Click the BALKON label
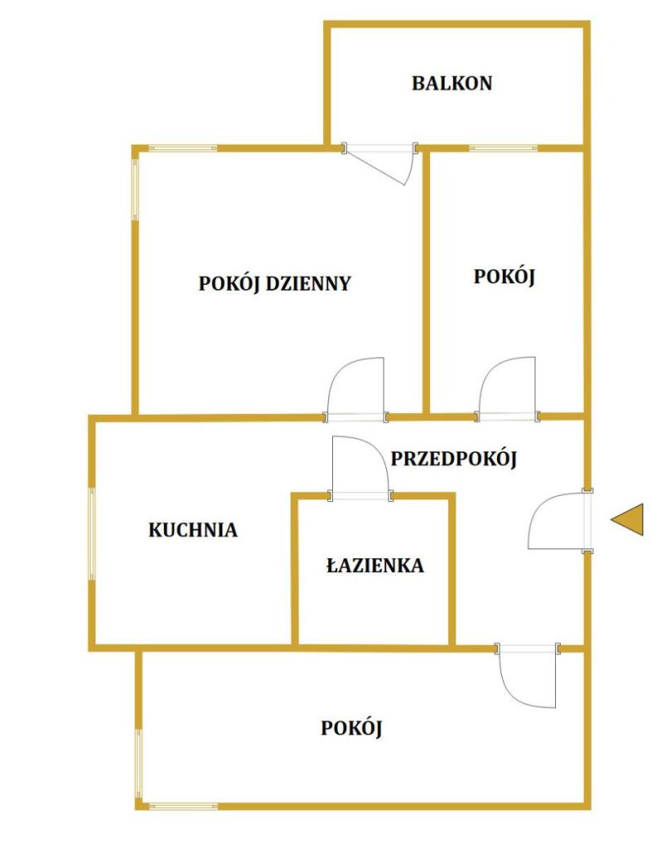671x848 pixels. [x=451, y=84]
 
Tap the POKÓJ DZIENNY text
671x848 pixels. [x=275, y=283]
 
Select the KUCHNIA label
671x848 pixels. [x=193, y=529]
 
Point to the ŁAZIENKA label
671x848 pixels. [x=375, y=565]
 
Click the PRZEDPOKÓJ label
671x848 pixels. [x=453, y=459]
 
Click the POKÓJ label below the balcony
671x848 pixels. [x=504, y=277]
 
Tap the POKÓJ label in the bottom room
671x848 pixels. [x=352, y=728]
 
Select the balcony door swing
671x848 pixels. [x=381, y=165]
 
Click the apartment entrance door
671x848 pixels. [x=558, y=521]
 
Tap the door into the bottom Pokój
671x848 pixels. [x=528, y=675]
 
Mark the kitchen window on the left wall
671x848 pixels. [x=92, y=534]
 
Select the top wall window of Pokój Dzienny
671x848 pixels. [x=183, y=148]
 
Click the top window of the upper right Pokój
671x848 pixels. [x=504, y=148]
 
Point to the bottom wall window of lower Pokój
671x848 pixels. [x=183, y=807]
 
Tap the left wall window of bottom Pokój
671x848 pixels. [x=138, y=764]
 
